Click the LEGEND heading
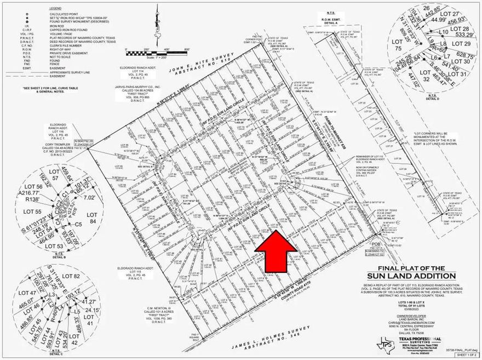pos(56,9)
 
